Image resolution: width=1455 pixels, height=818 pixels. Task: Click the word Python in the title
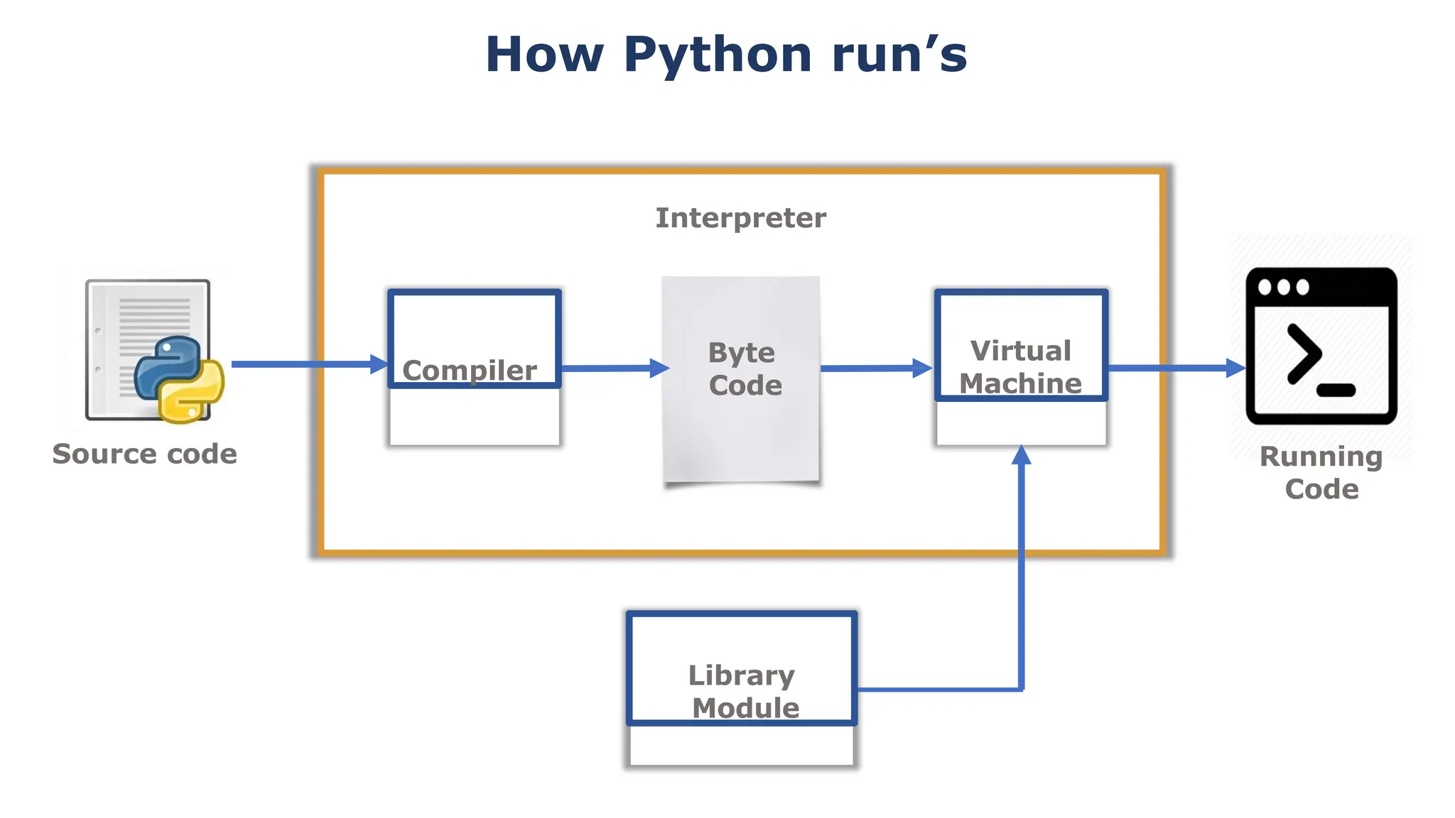(x=718, y=55)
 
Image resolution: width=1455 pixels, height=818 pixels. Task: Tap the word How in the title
(x=544, y=55)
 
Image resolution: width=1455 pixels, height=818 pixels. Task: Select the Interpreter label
(x=740, y=218)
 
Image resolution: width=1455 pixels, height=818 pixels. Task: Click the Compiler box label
(x=470, y=370)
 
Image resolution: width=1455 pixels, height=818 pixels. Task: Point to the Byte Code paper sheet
(x=742, y=426)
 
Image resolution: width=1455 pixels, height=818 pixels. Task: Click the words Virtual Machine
(x=1021, y=367)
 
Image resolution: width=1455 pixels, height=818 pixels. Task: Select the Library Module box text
(x=742, y=691)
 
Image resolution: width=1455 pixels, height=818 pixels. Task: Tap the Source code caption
(x=145, y=454)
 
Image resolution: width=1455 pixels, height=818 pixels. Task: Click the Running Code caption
(x=1321, y=472)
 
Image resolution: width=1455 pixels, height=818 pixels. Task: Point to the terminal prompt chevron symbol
(x=1304, y=354)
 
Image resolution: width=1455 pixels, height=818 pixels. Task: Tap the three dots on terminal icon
(x=1283, y=288)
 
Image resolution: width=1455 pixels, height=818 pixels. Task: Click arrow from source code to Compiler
(x=305, y=364)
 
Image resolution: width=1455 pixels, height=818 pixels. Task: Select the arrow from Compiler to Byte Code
(x=611, y=368)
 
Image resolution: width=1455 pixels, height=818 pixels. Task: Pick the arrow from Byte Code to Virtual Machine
(x=874, y=368)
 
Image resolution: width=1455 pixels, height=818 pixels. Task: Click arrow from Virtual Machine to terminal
(x=1172, y=368)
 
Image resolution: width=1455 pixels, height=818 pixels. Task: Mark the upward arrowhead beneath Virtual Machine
(x=1021, y=456)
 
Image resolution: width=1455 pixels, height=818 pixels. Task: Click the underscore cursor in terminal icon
(x=1336, y=390)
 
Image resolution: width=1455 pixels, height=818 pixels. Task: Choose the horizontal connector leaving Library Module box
(x=938, y=689)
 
